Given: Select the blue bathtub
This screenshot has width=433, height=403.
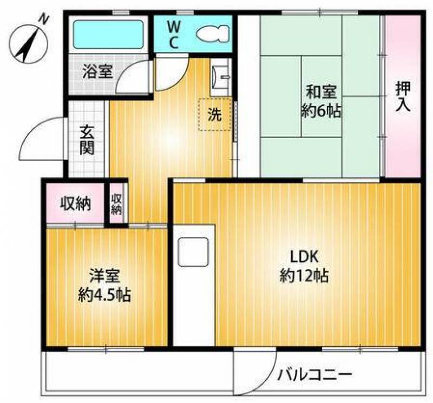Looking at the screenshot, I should click(x=108, y=35).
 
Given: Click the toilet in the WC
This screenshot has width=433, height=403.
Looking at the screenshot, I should click(x=212, y=34).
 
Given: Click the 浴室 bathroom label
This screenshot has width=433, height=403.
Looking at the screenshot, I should click(x=97, y=71).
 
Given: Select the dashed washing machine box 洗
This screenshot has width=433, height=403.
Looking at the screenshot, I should click(x=215, y=114).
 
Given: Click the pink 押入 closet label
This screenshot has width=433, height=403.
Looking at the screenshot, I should click(x=402, y=96).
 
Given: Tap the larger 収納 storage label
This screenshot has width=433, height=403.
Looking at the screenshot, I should click(x=75, y=204).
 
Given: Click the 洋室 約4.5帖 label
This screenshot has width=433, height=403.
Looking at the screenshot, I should click(x=104, y=285).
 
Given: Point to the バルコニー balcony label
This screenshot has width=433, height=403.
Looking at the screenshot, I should click(x=316, y=374).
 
